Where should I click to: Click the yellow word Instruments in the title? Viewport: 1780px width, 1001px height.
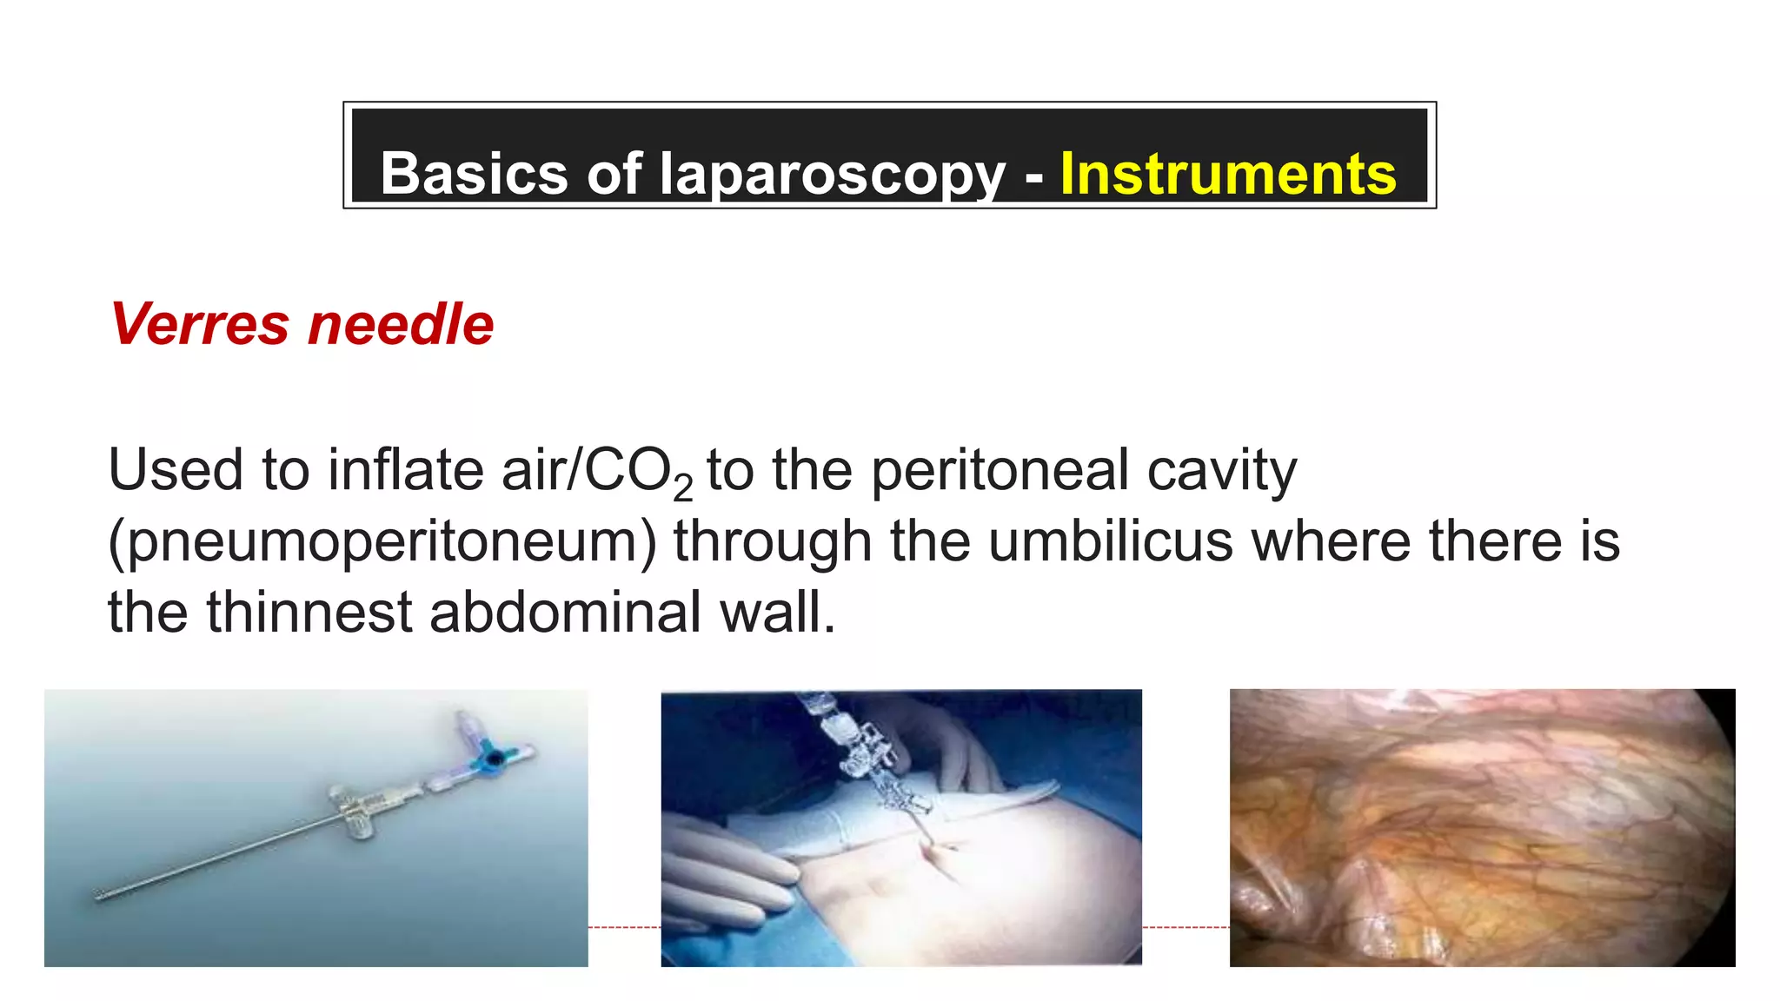[1227, 174]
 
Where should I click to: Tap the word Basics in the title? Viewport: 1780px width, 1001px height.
[475, 174]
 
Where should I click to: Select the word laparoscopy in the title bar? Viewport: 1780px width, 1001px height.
[832, 176]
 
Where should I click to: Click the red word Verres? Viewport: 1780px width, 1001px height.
[199, 324]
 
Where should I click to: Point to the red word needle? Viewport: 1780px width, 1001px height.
[401, 324]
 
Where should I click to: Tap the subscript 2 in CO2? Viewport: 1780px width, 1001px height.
[683, 488]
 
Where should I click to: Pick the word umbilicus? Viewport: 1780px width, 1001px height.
[1110, 541]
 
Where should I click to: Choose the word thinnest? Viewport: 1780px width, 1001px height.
[309, 612]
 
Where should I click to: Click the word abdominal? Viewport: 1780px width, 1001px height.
[565, 612]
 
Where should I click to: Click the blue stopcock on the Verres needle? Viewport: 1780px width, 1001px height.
[493, 757]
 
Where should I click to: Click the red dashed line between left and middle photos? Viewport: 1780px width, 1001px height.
[624, 927]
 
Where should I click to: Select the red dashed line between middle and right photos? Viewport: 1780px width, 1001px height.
[1186, 927]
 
